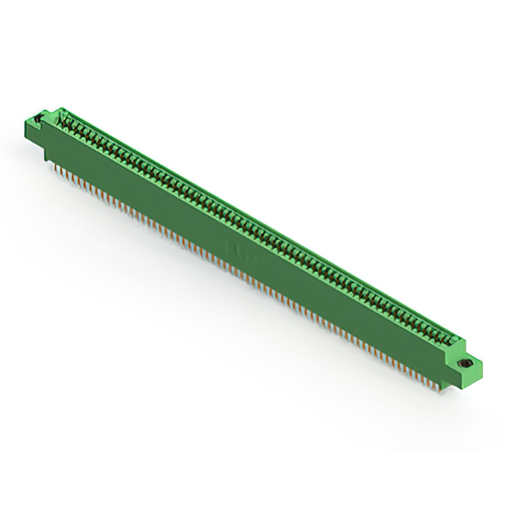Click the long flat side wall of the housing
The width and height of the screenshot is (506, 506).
click(253, 261)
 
